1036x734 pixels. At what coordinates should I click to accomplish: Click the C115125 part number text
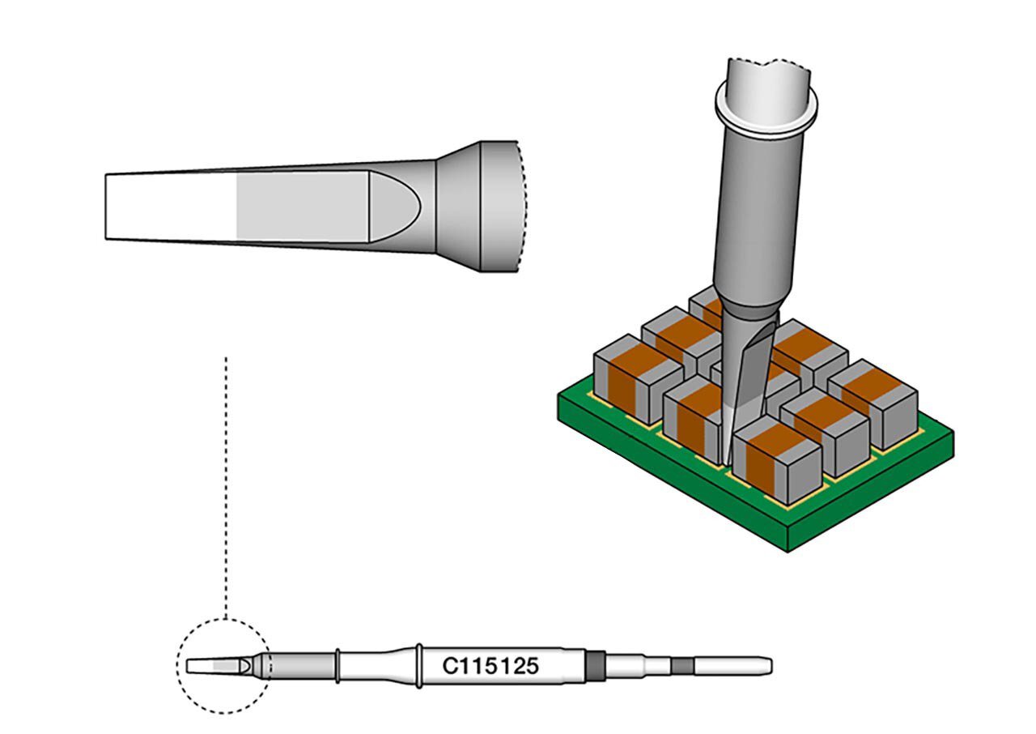coord(490,667)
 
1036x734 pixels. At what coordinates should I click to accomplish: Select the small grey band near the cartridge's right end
coord(682,666)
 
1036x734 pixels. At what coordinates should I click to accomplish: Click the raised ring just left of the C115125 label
coord(418,666)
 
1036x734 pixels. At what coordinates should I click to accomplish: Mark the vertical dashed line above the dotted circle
coord(226,486)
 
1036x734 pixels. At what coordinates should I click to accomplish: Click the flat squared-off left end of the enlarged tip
coord(108,207)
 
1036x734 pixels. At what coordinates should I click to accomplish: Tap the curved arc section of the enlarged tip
coord(401,206)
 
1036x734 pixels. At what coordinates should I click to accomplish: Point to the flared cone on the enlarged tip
coord(458,206)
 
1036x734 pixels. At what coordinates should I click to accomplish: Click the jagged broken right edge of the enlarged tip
coord(523,206)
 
